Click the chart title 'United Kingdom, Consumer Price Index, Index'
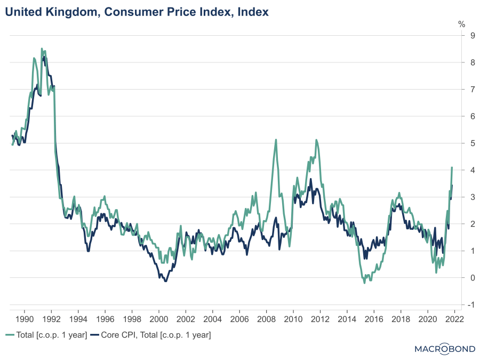click(137, 11)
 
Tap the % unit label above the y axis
click(462, 24)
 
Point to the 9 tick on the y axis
click(458, 36)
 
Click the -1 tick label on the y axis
click(457, 305)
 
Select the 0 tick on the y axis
click(458, 278)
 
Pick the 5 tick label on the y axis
click(458, 143)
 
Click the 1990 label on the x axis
click(24, 319)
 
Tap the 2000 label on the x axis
click(158, 319)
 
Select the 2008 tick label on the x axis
click(266, 319)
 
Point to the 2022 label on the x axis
click(454, 319)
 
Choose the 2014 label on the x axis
click(347, 319)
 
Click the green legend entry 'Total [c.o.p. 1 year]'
click(46, 335)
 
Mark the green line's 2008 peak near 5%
click(276, 140)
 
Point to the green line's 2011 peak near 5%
click(316, 140)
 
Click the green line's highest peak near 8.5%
click(42, 49)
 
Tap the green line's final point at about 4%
click(452, 167)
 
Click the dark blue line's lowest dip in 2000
click(165, 281)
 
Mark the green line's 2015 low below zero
click(365, 283)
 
